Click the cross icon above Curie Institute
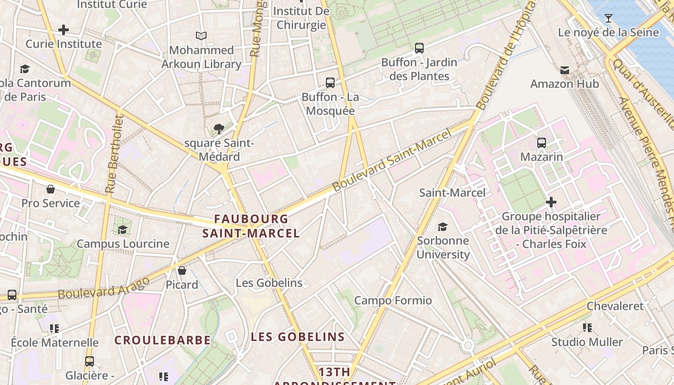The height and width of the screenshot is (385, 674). tap(64, 30)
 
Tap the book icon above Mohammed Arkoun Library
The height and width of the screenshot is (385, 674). tap(201, 36)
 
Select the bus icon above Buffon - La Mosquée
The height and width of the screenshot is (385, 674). tap(330, 83)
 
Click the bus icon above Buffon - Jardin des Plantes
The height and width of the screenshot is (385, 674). tap(419, 48)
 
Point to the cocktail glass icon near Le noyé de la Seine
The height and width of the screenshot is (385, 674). tap(609, 18)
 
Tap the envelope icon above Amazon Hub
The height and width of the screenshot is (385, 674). tap(565, 70)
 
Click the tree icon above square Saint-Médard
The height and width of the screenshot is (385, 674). tap(219, 128)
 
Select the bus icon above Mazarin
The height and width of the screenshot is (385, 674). tap(542, 142)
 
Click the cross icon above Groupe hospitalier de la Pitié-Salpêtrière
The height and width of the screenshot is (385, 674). tap(551, 202)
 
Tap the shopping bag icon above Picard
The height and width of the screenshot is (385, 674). tap(182, 270)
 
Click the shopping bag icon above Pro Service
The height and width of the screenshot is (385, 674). tap(51, 189)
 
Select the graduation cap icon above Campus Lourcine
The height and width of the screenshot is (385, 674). tap(123, 229)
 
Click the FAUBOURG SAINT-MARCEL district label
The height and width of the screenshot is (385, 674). tap(251, 226)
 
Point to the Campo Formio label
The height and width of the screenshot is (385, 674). tap(393, 301)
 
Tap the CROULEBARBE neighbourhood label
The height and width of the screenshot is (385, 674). tap(163, 340)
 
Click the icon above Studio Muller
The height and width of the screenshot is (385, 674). tap(587, 328)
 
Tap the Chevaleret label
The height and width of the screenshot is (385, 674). tap(615, 306)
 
